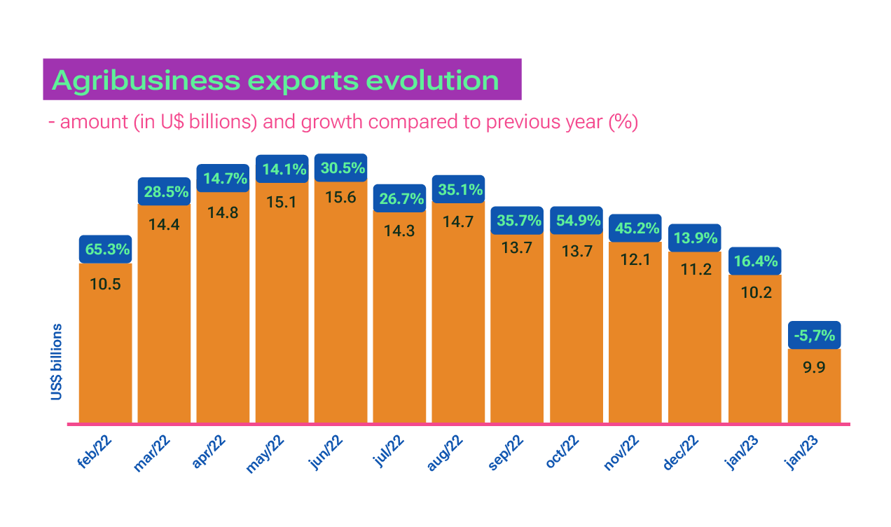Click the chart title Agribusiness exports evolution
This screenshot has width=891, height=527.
pos(276,81)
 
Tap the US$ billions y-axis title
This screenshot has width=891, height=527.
pos(56,362)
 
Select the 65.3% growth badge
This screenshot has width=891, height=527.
pos(105,249)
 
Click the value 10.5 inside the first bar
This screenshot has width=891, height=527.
pos(105,284)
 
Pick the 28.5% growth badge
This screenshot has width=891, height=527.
pos(164,191)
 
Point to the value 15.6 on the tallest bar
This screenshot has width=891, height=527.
pos(341,198)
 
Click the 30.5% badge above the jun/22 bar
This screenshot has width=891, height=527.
pos(341,168)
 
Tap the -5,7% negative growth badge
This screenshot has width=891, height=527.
pos(815,336)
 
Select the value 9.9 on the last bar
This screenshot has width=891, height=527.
pos(815,367)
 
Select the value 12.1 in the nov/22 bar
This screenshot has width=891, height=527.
pos(635,259)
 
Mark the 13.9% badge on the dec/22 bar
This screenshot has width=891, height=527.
pos(694,238)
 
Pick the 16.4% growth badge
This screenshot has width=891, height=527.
pos(756,261)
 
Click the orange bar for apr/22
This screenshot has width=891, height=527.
pos(223,315)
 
